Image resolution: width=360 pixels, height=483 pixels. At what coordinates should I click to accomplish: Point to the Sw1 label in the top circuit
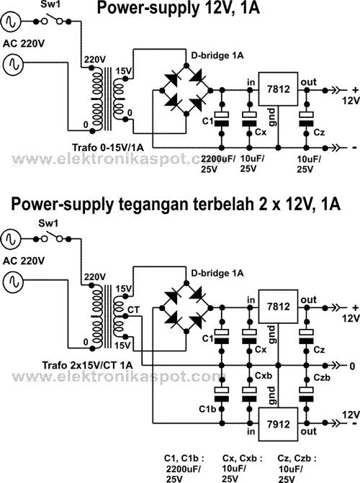click(50, 6)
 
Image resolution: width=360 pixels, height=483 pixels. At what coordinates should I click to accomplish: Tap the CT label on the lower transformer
click(132, 308)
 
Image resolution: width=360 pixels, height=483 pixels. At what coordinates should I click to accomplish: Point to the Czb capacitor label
click(322, 377)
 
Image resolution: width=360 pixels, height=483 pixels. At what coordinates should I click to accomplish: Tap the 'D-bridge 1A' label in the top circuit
click(217, 55)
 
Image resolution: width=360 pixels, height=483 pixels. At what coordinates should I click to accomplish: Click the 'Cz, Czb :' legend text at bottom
click(292, 458)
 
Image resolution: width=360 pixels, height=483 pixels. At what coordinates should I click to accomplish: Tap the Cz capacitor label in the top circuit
click(319, 132)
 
